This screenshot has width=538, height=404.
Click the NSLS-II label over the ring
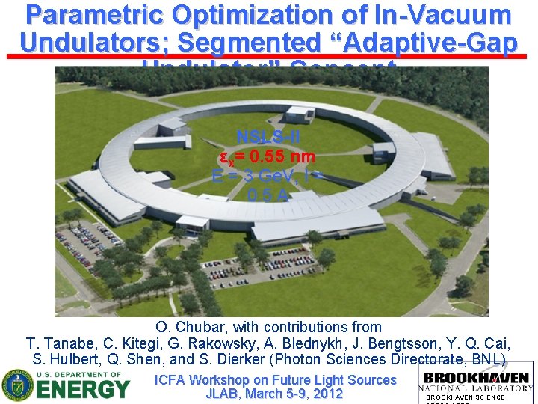tap(268, 138)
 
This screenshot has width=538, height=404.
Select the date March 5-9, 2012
tap(294, 394)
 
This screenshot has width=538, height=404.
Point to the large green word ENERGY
tap(84, 390)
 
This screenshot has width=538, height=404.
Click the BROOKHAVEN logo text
tap(476, 377)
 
